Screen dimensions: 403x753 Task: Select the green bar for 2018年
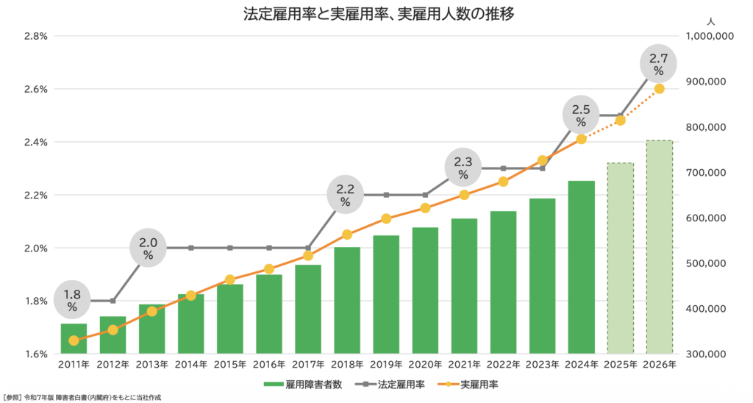coord(347,300)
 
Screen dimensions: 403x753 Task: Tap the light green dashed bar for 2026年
coord(659,246)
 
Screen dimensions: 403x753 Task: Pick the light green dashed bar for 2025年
coord(620,257)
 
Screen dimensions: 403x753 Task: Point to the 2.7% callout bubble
coord(658,64)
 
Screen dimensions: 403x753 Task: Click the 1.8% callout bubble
coord(72,299)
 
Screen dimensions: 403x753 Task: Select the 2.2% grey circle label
coord(346,195)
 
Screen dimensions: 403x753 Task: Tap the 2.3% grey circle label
coord(463,168)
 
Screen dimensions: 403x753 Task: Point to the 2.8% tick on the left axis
coord(36,36)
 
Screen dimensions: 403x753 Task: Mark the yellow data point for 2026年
coord(659,89)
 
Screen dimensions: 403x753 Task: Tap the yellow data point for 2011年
coord(74,340)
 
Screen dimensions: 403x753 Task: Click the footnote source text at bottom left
coord(82,397)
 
